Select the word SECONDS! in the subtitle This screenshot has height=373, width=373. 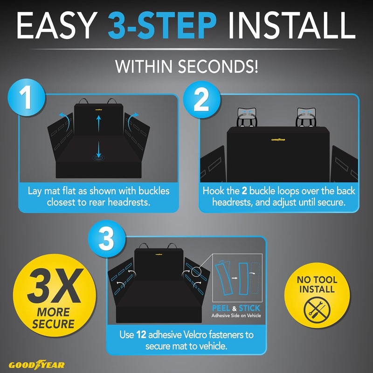coord(218,66)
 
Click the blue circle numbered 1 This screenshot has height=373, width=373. coord(26,97)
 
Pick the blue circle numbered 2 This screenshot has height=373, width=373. coord(201,99)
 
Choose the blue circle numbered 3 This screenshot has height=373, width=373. coord(106,239)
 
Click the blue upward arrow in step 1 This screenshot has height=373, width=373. coord(99,123)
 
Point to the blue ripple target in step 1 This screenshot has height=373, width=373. coord(98,157)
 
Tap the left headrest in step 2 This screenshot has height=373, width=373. coord(247,117)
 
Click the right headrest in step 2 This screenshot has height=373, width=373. coord(306,117)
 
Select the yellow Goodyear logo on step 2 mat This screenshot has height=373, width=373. coord(278,139)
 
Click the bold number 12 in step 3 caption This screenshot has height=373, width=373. coord(141,335)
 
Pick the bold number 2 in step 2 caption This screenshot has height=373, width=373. coord(244,191)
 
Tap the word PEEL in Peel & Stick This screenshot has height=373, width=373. coord(221,308)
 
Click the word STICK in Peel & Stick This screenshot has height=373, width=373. coord(249,308)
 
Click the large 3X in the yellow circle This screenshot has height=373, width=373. coord(55,286)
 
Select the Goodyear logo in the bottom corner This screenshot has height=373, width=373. coord(37,365)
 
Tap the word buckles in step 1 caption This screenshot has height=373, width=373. coord(154,191)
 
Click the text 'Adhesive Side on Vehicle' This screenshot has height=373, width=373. coord(236,316)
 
